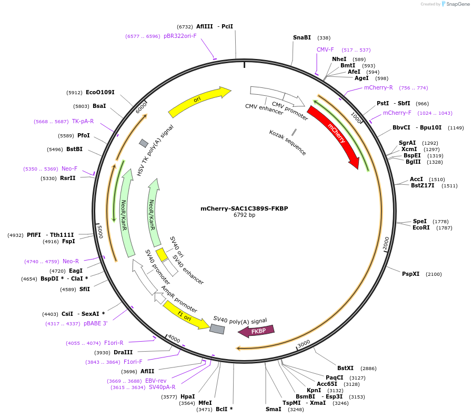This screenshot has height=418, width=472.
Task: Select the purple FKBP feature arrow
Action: (x=257, y=331)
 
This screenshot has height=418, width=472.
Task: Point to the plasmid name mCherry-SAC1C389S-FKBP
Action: (x=244, y=208)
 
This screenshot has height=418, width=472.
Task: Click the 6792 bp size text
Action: (x=244, y=215)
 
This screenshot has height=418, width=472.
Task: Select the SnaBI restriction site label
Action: (x=302, y=38)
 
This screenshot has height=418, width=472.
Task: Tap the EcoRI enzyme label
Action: (x=421, y=228)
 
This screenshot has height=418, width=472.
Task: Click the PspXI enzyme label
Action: (x=411, y=274)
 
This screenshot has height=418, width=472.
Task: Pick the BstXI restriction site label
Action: (x=346, y=369)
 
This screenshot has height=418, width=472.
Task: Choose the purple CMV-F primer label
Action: (x=325, y=50)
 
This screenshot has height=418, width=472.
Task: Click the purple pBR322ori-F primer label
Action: (x=180, y=36)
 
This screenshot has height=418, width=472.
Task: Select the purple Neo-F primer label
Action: (x=69, y=169)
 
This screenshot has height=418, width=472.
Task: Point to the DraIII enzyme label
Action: (x=123, y=353)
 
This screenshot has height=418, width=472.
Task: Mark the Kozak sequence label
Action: (x=287, y=143)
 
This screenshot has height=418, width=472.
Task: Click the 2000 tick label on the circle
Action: (x=386, y=243)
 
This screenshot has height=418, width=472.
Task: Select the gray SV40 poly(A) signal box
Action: (x=217, y=329)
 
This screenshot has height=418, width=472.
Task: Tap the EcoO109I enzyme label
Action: (x=100, y=93)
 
